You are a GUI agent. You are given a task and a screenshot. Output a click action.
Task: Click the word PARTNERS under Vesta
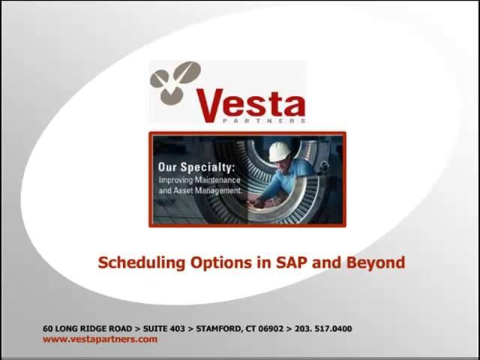point(273,119)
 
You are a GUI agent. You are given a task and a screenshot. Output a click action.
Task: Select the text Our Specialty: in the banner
point(196,167)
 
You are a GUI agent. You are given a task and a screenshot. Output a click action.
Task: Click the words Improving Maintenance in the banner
point(199,180)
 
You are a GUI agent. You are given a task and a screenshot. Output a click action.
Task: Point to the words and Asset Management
point(199,191)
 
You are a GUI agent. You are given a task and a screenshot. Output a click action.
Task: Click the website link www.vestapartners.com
point(100,339)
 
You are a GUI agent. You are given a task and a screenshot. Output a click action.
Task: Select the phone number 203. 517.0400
point(323,328)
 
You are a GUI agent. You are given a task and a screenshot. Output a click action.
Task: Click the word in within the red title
point(262,262)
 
